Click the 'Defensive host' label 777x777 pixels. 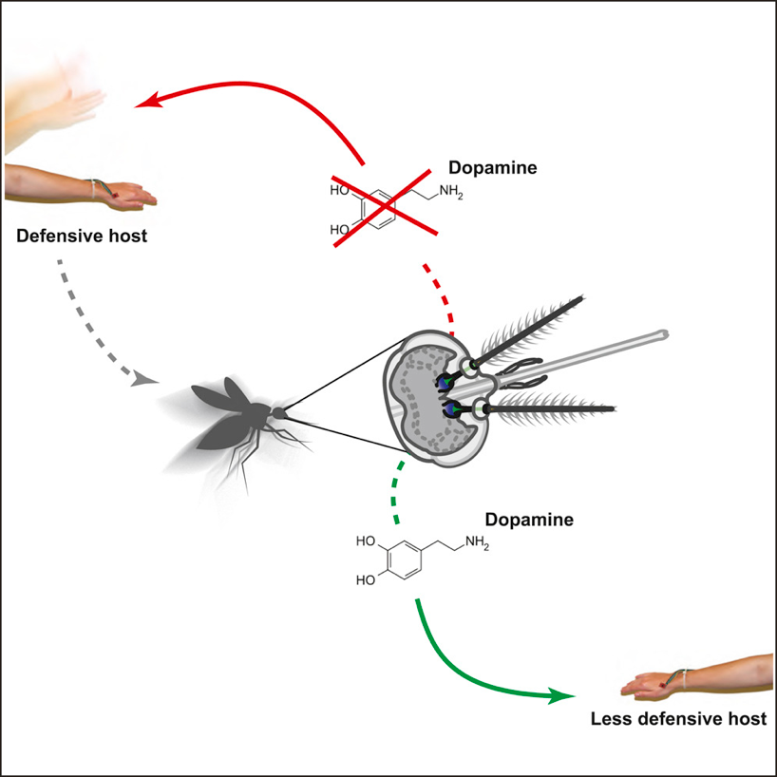82,235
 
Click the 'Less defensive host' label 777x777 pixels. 677,718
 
